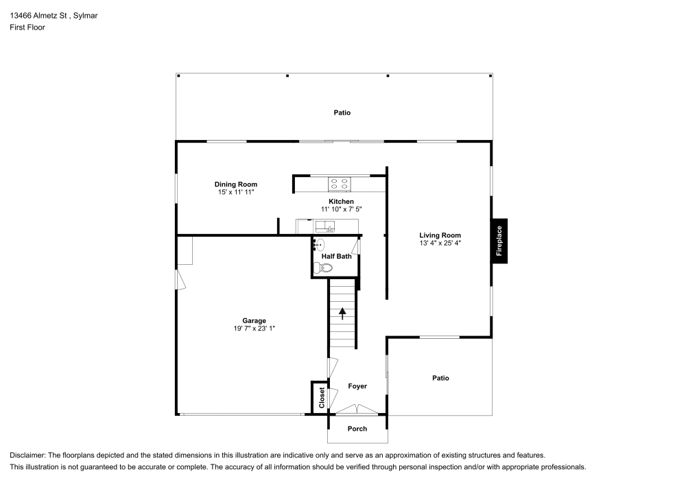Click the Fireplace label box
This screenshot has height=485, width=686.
point(499,241)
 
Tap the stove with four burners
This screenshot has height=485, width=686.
point(340,183)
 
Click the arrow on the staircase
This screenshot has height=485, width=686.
point(342,314)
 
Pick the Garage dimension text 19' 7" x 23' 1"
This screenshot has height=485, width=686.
point(254,329)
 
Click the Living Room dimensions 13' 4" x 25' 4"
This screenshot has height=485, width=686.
point(440,244)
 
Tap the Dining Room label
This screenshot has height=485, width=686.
point(235,185)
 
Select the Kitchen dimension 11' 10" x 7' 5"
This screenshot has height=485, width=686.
point(341,209)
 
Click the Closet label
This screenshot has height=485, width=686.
point(321,397)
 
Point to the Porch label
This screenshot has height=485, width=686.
point(357,429)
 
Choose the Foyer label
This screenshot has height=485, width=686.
point(357,386)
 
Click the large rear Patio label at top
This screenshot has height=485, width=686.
point(342,113)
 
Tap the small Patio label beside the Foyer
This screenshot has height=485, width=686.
point(440,378)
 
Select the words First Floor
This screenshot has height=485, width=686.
point(27,27)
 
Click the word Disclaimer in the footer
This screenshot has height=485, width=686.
point(27,455)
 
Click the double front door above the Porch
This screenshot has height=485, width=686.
point(357,410)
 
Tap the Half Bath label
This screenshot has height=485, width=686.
point(336,257)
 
